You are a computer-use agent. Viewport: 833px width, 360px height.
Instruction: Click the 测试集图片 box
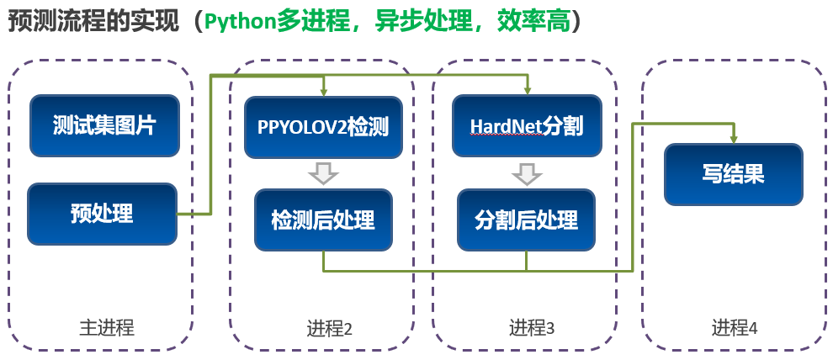click(104, 126)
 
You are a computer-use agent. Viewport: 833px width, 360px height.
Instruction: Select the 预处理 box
click(102, 214)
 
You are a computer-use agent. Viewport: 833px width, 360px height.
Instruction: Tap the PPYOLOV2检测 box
click(323, 128)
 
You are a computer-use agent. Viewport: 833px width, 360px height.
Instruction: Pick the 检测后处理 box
click(323, 220)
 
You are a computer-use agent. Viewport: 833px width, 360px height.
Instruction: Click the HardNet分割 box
click(527, 126)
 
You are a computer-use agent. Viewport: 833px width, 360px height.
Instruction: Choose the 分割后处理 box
click(526, 220)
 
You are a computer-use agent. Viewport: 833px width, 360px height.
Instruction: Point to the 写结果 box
click(734, 174)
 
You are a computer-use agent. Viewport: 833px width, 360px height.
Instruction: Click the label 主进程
click(107, 327)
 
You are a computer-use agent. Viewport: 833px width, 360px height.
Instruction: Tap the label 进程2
click(329, 329)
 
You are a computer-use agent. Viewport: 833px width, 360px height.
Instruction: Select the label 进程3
click(532, 327)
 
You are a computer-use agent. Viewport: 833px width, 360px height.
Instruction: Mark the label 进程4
click(735, 327)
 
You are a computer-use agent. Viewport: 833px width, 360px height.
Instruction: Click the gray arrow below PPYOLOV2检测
click(323, 173)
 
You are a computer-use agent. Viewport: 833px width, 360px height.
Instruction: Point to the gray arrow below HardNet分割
click(527, 173)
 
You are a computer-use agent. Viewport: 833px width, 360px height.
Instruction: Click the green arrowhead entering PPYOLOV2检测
click(323, 92)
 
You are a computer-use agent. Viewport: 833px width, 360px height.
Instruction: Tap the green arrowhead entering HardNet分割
click(527, 91)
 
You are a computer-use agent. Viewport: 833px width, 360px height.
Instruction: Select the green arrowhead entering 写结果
click(734, 139)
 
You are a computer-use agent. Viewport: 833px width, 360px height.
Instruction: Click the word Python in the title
click(240, 21)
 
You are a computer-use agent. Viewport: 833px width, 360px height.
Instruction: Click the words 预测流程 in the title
click(49, 21)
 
